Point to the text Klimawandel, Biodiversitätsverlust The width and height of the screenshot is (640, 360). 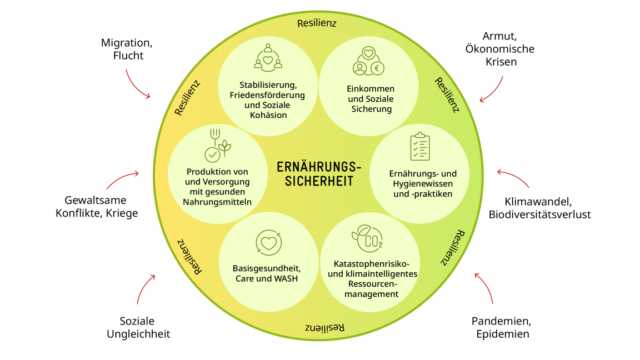(539, 208)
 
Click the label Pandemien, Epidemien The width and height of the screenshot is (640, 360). (502, 327)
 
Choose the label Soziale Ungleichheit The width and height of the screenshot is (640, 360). (138, 327)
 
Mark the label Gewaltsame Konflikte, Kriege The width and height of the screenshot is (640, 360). (97, 206)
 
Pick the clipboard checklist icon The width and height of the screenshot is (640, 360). (419, 147)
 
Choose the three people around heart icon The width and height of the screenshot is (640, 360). (268, 57)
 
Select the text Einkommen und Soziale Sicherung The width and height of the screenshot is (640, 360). (371, 99)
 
